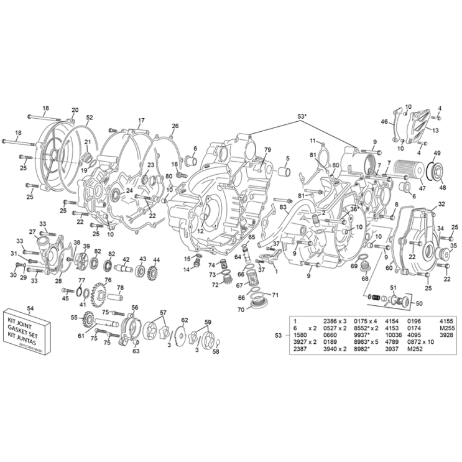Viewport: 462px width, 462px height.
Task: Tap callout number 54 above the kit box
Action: coord(30,309)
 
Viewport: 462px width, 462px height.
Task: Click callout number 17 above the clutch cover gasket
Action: coord(141,121)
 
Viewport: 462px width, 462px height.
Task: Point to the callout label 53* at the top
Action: coord(302,116)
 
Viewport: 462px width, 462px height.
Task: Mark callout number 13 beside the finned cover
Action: coord(435,130)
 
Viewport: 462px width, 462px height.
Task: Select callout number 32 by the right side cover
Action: coord(441,204)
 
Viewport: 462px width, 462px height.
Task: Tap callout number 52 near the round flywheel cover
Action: coord(90,118)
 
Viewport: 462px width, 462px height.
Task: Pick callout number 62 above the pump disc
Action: coord(184,320)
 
